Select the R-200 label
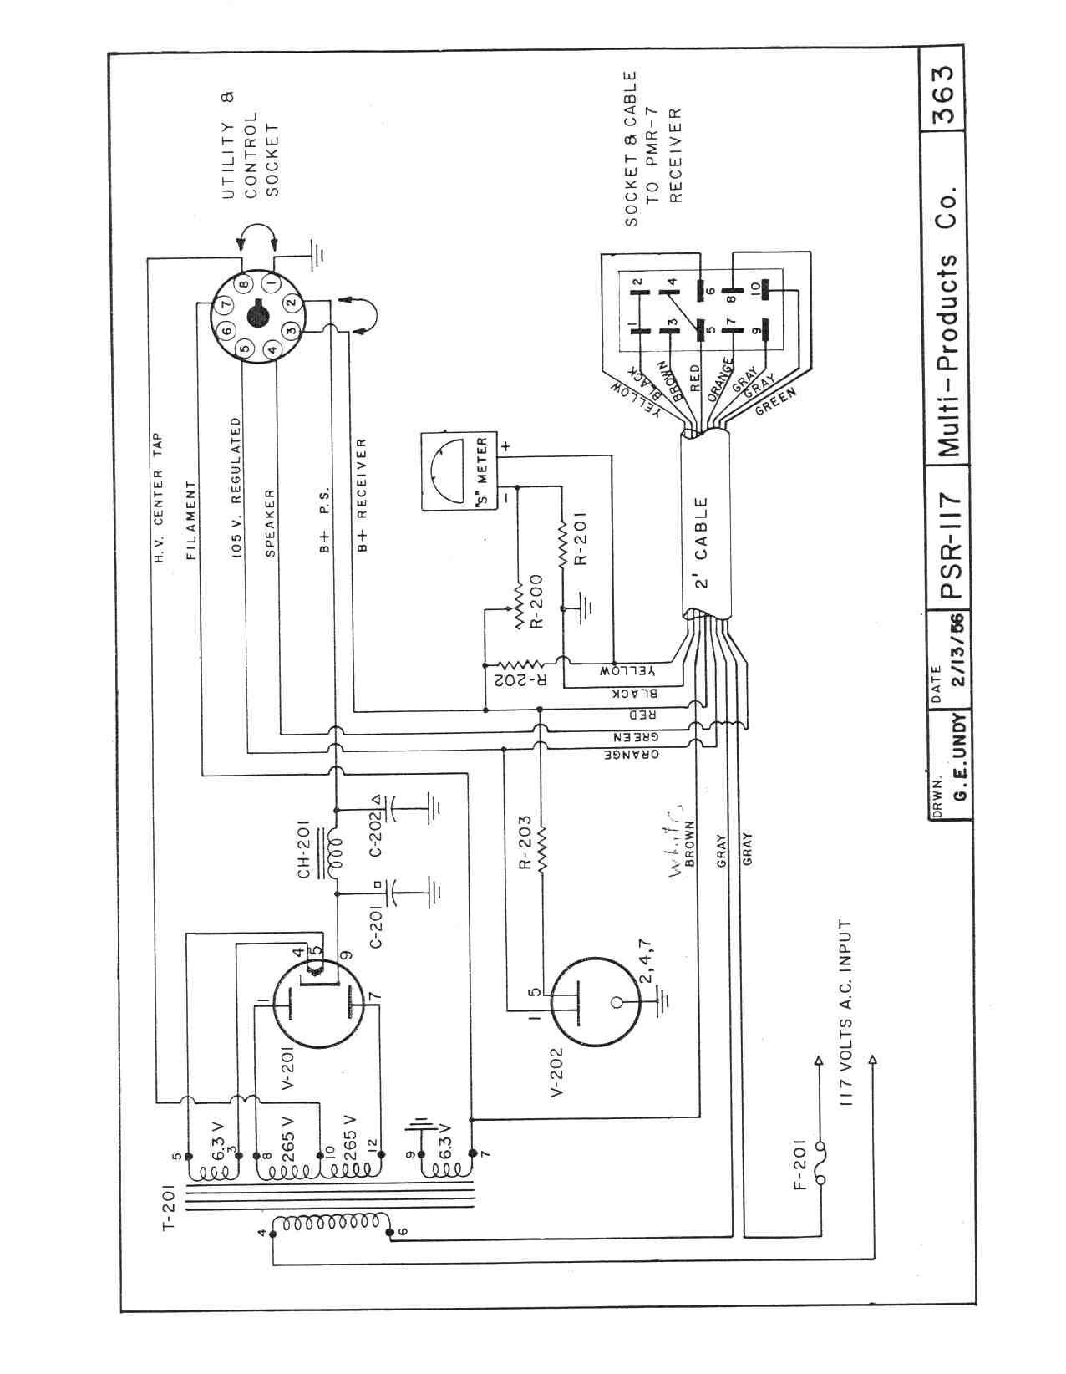point(536,600)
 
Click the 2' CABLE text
point(702,542)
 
